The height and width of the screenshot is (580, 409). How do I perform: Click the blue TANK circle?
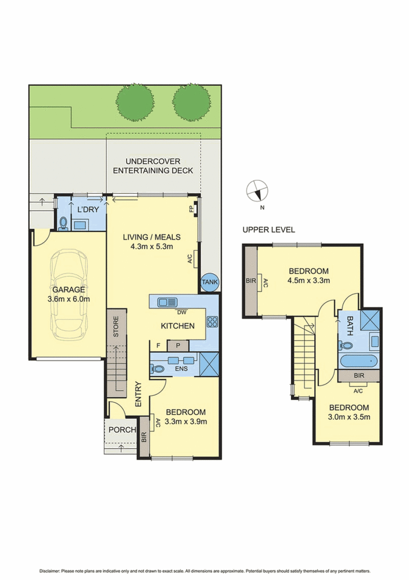pos(210,282)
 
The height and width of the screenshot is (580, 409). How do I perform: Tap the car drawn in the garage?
pos(70,294)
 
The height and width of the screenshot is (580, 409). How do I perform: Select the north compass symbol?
pos(257,191)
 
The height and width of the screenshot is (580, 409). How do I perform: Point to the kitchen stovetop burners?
pos(212,322)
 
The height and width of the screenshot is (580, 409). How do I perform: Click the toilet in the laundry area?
pos(63,224)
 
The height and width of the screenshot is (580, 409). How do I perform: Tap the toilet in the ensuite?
pos(158,369)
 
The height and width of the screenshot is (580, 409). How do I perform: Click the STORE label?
pos(116,326)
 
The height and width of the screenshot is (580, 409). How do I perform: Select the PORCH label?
pos(122,430)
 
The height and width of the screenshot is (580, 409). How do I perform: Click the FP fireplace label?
pos(192,209)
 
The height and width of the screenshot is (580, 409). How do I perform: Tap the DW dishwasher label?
pos(181,312)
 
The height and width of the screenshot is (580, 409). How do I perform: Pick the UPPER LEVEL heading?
pos(268,230)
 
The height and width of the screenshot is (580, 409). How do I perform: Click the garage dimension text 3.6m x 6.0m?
pos(69,299)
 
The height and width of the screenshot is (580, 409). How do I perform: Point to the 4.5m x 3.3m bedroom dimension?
pos(309,280)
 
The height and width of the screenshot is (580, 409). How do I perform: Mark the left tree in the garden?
pos(135,102)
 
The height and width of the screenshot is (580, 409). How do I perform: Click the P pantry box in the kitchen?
pos(178,346)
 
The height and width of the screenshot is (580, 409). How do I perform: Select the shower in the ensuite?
pos(209,365)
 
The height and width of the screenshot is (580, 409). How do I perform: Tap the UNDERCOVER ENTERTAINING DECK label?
pos(153,166)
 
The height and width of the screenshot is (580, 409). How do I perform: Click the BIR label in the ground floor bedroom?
pos(144,437)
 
